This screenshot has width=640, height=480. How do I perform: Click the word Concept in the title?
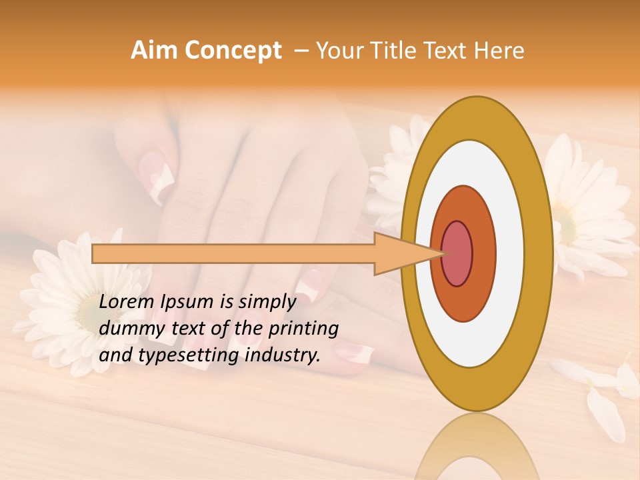click(x=233, y=51)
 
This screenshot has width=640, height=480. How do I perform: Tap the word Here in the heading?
click(x=499, y=51)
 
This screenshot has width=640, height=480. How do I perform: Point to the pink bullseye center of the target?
click(x=457, y=254)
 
